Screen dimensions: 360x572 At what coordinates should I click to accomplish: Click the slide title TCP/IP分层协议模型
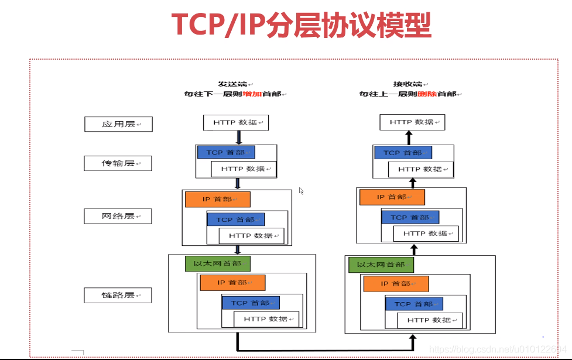coord(302,25)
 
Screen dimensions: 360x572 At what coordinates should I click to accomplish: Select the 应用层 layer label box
coord(118,124)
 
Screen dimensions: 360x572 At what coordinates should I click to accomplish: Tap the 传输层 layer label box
coord(118,163)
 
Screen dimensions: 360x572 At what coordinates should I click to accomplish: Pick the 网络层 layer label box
coord(118,217)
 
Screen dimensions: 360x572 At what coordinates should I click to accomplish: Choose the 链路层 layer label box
coord(118,295)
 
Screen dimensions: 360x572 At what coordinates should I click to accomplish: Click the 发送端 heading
coord(230,84)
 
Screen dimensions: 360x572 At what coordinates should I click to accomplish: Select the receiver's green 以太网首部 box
coord(381,265)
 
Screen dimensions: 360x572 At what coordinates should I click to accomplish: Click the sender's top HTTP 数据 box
coord(235,122)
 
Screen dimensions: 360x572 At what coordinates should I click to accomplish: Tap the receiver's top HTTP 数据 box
coord(412,122)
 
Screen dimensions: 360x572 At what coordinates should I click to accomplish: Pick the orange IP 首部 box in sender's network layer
coord(217,199)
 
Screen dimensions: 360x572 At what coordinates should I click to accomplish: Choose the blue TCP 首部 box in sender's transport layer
coord(226,152)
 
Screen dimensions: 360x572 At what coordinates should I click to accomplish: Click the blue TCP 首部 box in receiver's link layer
coord(413,304)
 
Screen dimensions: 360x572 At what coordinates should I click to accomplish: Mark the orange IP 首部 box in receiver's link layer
coord(396,284)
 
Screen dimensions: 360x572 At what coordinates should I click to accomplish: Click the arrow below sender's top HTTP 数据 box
coord(238,138)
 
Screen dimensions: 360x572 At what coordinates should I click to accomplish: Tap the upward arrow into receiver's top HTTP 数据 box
coord(409,138)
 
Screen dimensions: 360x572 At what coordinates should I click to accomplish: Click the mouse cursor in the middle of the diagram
coord(302,191)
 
